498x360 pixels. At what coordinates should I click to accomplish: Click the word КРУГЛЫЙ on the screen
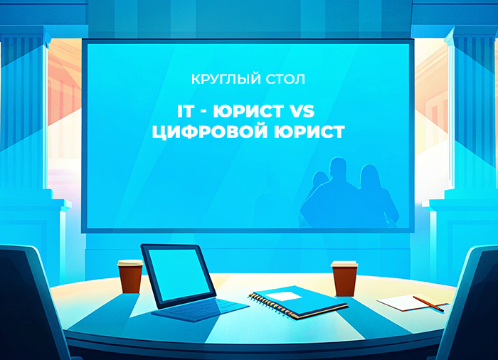tap(218, 78)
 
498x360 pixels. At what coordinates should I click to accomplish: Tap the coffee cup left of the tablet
tap(130, 277)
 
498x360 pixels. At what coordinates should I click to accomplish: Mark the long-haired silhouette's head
tap(369, 176)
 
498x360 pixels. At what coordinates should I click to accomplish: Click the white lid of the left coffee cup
tap(130, 263)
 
